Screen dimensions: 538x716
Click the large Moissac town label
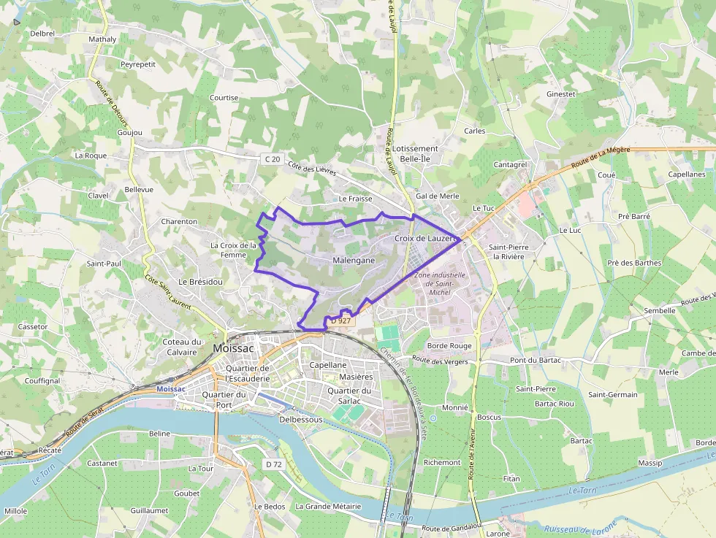tap(233, 348)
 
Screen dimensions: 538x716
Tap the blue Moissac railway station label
tap(171, 389)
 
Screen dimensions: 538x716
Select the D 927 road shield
tap(341, 320)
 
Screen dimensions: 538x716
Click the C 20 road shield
tap(272, 158)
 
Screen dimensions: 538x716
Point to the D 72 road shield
tap(274, 464)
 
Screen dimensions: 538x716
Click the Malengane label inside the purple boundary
tap(354, 260)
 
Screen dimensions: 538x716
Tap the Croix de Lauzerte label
tap(424, 238)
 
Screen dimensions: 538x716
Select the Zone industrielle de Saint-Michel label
tap(439, 283)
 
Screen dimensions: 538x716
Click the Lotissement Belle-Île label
tap(415, 153)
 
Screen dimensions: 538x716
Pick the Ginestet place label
tap(561, 94)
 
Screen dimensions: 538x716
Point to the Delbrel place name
tap(43, 34)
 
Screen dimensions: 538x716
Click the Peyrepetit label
tap(138, 64)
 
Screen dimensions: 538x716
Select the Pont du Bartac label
tap(535, 360)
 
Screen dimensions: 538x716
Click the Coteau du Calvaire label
tap(181, 347)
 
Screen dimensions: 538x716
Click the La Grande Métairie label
tap(328, 506)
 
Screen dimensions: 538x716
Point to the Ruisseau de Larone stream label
tap(580, 527)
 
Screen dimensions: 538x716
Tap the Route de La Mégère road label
tap(600, 158)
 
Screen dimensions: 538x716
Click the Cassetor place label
tap(33, 326)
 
